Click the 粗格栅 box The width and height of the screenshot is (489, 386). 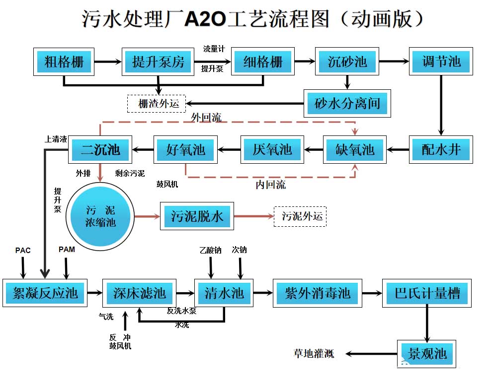64,62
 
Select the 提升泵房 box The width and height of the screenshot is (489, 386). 158,62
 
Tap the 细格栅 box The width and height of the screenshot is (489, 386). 262,62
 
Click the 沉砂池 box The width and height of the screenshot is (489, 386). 347,62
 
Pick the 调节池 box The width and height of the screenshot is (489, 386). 441,62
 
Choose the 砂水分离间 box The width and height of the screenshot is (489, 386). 347,103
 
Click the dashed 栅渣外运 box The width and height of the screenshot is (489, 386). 156,104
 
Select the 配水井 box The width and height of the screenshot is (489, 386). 441,149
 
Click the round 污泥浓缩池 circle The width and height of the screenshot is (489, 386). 100,216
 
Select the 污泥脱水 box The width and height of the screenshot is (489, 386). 197,216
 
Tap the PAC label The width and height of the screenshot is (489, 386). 23,250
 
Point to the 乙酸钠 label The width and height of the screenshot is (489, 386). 210,250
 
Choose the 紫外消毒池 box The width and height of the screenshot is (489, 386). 318,293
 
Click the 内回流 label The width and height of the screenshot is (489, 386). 271,186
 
